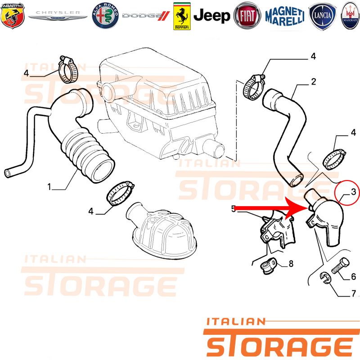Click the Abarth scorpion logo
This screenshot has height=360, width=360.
tap(13, 16)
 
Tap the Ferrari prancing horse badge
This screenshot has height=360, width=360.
tap(182, 16)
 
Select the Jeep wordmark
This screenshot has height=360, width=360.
tap(211, 16)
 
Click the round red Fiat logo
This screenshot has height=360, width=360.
tap(247, 16)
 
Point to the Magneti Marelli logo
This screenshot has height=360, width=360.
tap(285, 16)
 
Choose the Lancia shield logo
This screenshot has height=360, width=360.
tap(322, 16)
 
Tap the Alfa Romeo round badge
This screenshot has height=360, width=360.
tap(105, 16)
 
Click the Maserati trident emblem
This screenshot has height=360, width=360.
tap(351, 16)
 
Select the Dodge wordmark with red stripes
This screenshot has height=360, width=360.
tap(146, 16)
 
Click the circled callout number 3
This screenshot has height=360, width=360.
tap(353, 192)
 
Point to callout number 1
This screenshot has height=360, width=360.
tap(49, 187)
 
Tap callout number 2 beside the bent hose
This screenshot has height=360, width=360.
tap(313, 81)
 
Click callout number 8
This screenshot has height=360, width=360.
tap(291, 264)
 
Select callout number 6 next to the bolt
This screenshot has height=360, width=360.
tap(354, 276)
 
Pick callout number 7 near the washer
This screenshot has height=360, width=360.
tap(354, 293)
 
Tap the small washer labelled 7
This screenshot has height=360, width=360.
tap(325, 278)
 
